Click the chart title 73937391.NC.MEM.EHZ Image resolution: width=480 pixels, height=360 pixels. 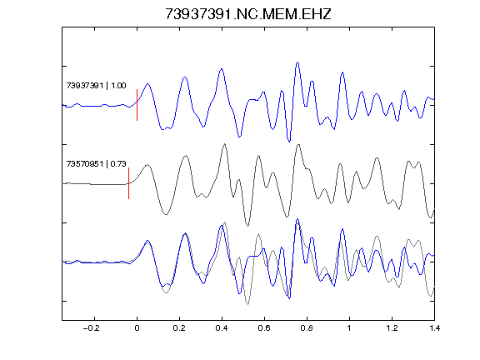[248, 14]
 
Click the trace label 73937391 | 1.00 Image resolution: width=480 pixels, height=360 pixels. [96, 85]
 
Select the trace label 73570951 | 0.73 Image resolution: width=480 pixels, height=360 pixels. [96, 164]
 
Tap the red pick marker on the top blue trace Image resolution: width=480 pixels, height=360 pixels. [137, 105]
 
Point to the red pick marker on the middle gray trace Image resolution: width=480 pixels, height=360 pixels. [129, 183]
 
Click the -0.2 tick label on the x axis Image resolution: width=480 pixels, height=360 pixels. [92, 328]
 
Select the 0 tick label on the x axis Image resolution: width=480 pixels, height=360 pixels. [137, 328]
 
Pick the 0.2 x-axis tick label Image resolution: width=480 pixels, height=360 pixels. [179, 328]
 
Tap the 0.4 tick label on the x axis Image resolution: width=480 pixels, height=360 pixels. [222, 328]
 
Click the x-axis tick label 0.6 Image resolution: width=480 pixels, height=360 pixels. [264, 328]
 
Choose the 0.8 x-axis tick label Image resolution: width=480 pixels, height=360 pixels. [307, 328]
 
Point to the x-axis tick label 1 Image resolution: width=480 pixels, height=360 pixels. [349, 328]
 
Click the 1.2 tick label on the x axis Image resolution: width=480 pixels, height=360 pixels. [392, 328]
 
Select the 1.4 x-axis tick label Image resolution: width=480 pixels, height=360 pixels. [434, 328]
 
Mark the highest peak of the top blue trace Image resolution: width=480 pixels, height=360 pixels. [297, 62]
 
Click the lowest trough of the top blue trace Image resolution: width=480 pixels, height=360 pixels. [289, 141]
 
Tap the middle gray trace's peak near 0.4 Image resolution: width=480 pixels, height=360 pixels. [225, 144]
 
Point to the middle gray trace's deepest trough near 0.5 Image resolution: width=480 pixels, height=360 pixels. [247, 226]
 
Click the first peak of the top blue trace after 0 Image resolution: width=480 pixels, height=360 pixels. [147, 83]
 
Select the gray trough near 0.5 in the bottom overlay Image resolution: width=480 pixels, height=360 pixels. [247, 304]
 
